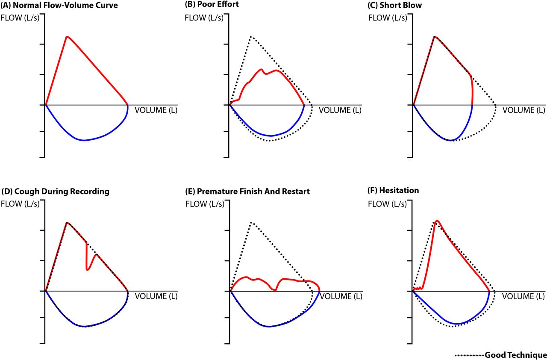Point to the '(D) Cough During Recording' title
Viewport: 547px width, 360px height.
coord(56,192)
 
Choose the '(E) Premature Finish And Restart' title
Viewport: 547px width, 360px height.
coord(247,192)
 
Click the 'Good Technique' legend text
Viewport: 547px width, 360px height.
coord(515,355)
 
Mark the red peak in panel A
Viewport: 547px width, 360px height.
coord(67,36)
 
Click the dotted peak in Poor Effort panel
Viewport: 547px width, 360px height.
coord(251,37)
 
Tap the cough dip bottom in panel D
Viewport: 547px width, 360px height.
coord(87,269)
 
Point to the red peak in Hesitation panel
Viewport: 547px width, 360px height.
coord(437,221)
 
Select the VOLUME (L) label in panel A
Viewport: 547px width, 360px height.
coord(156,110)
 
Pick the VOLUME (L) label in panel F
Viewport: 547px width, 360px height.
coord(523,296)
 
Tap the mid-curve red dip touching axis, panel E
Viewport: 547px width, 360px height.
coord(275,290)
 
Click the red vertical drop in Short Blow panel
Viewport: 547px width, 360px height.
coord(472,90)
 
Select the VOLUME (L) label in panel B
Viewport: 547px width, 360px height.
coord(340,110)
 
